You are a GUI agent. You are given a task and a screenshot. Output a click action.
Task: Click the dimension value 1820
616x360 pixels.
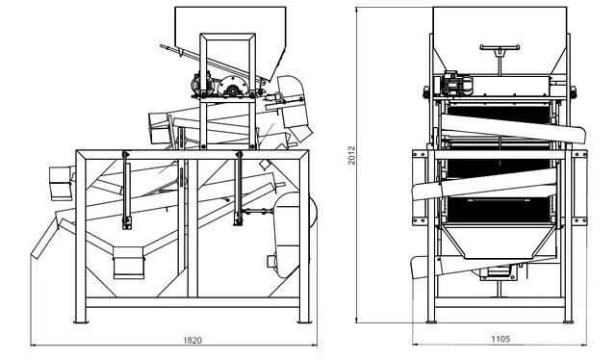193,340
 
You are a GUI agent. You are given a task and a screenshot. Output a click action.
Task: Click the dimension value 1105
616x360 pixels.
500,340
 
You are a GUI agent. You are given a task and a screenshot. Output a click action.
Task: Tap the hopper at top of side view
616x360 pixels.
231,29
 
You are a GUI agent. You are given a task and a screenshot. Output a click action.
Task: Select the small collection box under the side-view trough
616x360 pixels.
128,261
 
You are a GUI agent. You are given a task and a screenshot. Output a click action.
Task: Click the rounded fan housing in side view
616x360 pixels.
286,231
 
